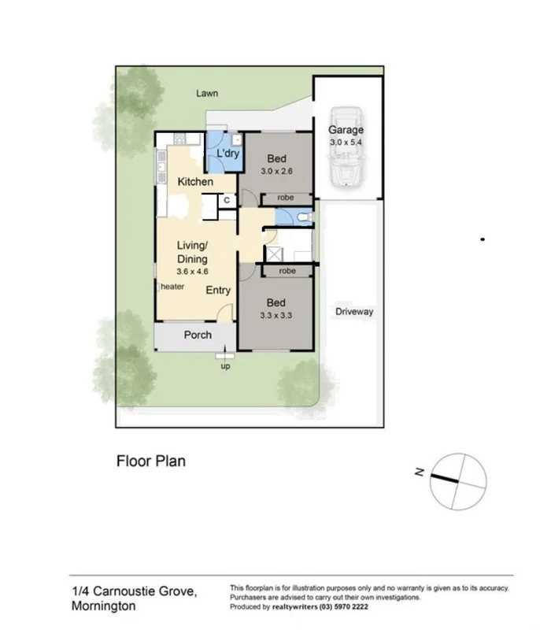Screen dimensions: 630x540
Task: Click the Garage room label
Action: coord(346,130)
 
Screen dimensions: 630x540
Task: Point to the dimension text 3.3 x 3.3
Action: coord(276,316)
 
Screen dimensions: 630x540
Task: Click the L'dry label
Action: coord(227,154)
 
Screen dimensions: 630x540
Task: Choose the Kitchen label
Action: coord(194,182)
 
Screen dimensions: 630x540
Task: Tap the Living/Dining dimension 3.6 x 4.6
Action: coord(192,271)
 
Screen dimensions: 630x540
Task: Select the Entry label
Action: coord(218,291)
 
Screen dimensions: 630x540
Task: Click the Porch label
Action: coord(198,335)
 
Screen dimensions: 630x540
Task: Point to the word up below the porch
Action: coord(225,366)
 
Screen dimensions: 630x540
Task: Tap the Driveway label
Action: coord(353,312)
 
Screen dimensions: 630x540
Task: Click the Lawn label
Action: coord(207,94)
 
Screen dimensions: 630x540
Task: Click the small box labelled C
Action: coord(226,201)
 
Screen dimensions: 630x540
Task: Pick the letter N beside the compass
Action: coord(420,472)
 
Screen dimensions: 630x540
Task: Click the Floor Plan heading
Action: coord(150,461)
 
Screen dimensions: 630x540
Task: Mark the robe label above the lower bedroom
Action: coord(287,271)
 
